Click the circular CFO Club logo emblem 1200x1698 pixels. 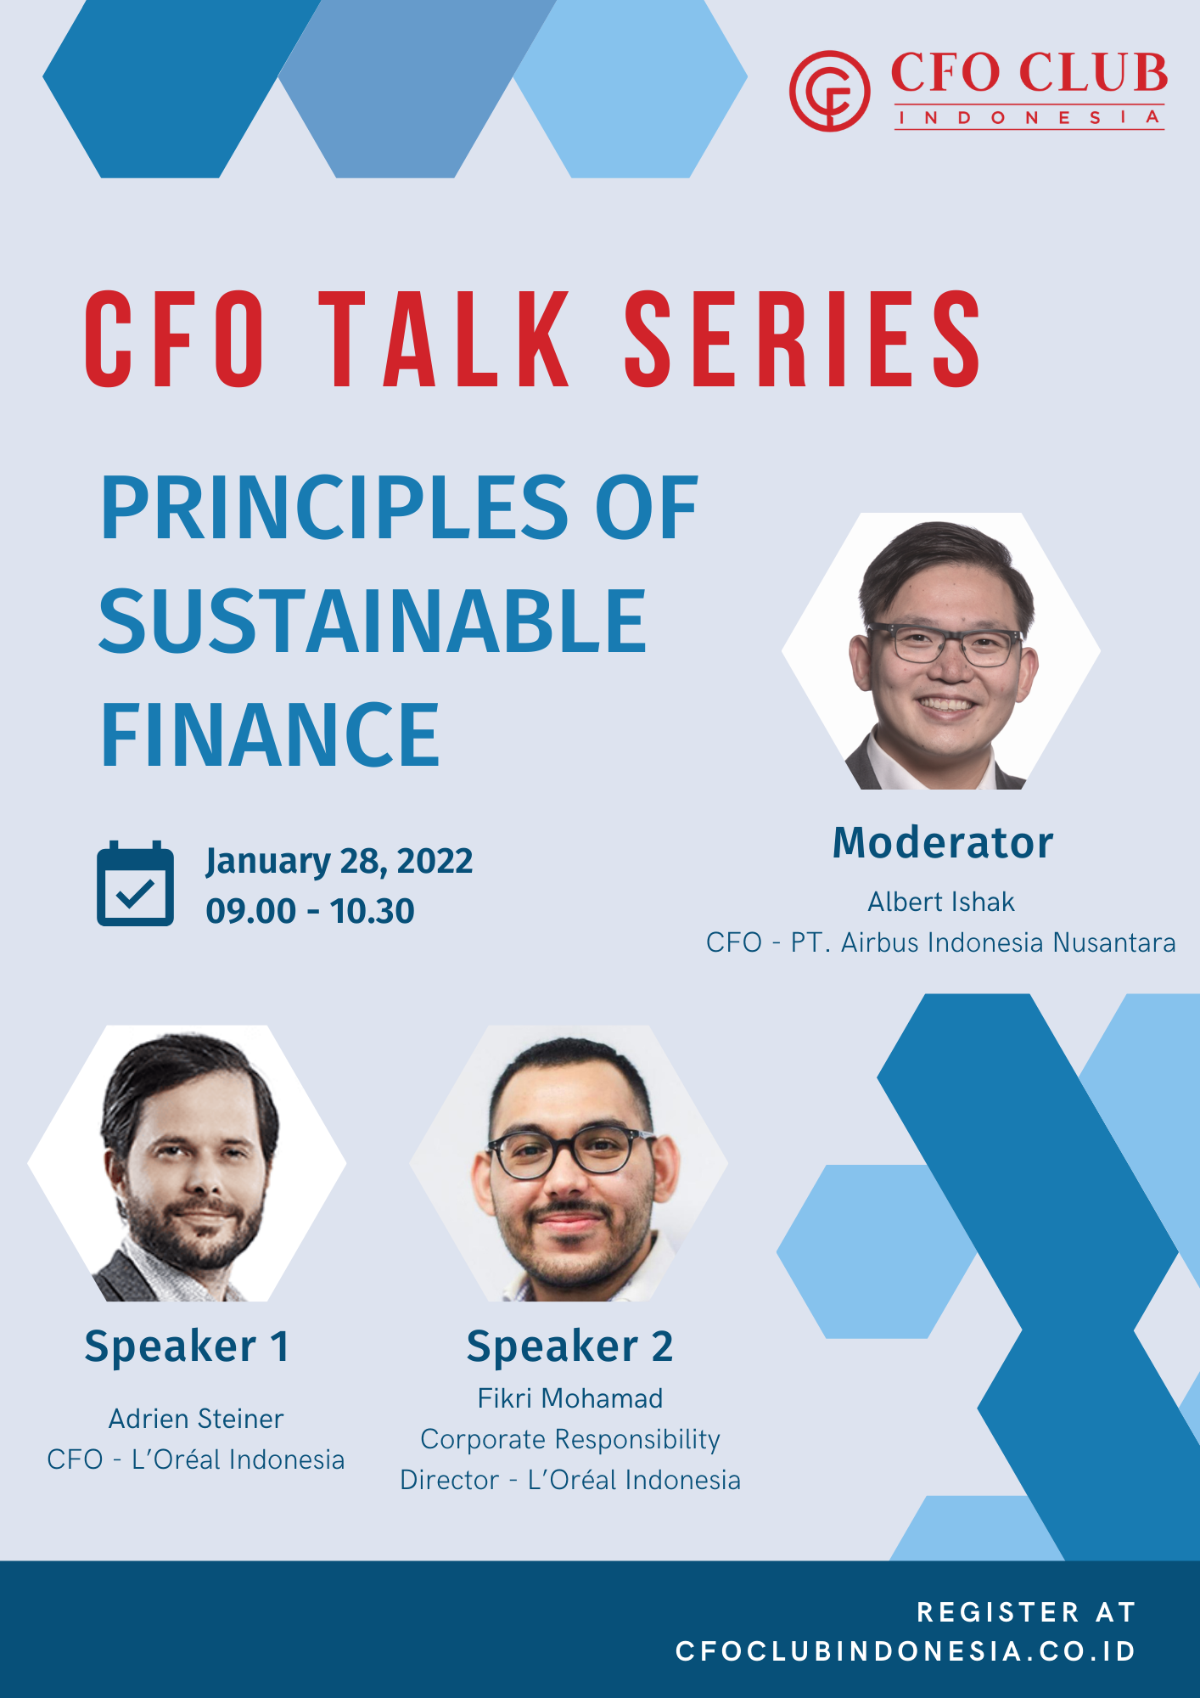tap(829, 91)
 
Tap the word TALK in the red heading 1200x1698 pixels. tap(450, 339)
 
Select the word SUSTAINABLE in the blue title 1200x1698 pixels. tap(373, 621)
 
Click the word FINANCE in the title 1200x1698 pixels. tap(270, 734)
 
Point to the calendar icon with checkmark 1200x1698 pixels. tap(136, 884)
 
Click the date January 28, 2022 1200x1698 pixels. tap(339, 862)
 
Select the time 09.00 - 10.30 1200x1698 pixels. tap(310, 911)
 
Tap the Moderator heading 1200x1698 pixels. tap(943, 843)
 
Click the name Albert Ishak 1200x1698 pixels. tap(941, 902)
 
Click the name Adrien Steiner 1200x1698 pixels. tap(196, 1419)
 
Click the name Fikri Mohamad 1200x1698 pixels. tap(570, 1398)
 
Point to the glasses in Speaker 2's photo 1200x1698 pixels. tap(570, 1151)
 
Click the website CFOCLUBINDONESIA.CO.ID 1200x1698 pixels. tap(906, 1651)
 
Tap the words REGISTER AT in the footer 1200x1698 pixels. tap(1026, 1612)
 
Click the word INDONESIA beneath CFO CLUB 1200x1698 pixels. tap(1029, 117)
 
